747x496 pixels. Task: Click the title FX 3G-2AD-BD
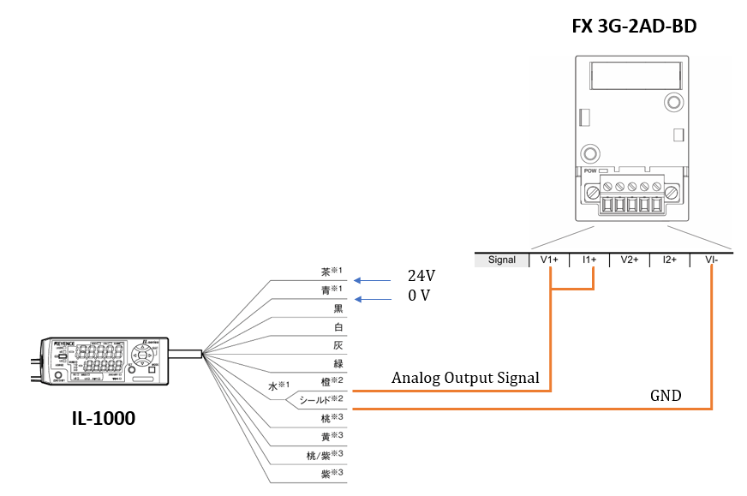[x=634, y=27]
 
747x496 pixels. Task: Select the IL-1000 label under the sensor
[x=103, y=419]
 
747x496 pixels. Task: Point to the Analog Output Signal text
[x=465, y=378]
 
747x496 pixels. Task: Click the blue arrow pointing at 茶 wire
[x=370, y=278]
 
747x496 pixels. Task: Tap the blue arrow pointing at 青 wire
[x=370, y=299]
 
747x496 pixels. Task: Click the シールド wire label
[x=320, y=399]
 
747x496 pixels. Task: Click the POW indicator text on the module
[x=590, y=170]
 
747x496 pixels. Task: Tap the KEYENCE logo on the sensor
[x=65, y=344]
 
